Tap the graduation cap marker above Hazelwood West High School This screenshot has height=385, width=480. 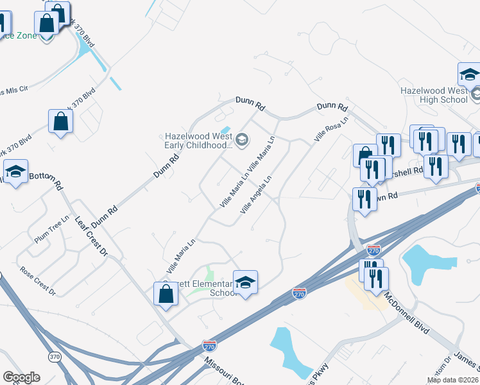469,76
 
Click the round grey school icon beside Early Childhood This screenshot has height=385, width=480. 242,140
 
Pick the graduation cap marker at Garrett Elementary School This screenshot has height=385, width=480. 244,282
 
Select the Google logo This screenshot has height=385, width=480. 21,377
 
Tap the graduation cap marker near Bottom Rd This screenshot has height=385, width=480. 16,172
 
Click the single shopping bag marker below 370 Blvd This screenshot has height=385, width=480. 60,122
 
